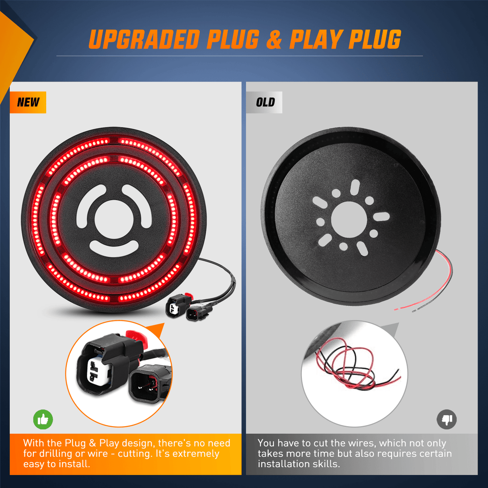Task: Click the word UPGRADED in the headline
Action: (144, 40)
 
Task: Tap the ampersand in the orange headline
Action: (274, 40)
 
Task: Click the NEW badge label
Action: (28, 102)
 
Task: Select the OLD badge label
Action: (265, 103)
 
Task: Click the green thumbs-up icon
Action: (43, 420)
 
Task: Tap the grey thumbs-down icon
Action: (447, 420)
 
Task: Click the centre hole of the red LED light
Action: (114, 219)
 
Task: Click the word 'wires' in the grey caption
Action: (363, 443)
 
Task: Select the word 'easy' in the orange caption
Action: (33, 464)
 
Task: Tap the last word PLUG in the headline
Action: (375, 40)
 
